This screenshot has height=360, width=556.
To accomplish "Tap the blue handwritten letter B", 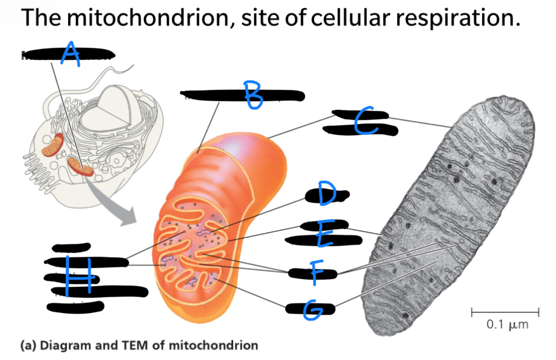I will pyautogui.click(x=253, y=95).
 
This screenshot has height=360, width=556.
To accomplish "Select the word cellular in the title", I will pyautogui.click(x=348, y=19).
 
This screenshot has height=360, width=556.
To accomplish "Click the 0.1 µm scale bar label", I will pyautogui.click(x=507, y=325).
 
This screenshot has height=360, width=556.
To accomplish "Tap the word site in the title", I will pyautogui.click(x=258, y=19).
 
